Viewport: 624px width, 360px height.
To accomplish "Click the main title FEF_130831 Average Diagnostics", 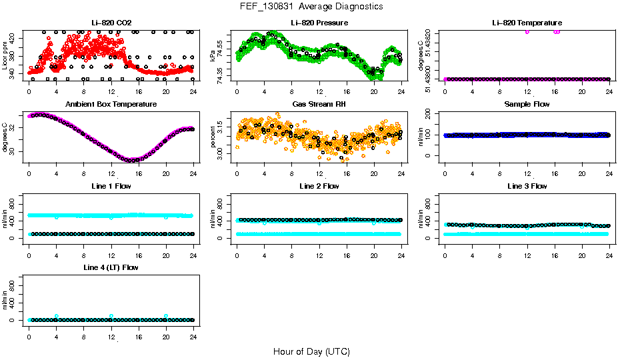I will tap(311, 6).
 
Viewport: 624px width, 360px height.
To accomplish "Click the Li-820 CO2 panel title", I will tap(111, 23).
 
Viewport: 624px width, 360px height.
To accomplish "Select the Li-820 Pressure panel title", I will tap(319, 23).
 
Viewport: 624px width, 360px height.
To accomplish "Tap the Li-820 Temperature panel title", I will tap(527, 23).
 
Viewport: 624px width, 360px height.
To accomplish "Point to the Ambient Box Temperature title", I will tap(111, 104).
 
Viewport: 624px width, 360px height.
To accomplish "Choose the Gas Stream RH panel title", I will tap(319, 104).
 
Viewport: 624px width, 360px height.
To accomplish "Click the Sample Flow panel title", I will tap(527, 104).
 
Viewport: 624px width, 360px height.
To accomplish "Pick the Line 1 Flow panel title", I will tap(111, 186).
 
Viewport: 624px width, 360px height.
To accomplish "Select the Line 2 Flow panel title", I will tap(319, 186).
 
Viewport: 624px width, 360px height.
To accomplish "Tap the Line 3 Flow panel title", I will tap(527, 186).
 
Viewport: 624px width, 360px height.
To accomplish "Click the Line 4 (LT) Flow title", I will tap(111, 267).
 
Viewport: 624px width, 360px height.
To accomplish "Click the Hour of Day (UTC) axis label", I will tap(311, 351).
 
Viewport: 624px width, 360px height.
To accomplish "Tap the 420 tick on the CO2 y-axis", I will tap(16, 39).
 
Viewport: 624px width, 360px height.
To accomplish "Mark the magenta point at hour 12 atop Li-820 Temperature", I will tap(527, 31).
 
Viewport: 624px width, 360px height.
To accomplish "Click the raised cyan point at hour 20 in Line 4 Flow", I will tap(166, 316).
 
